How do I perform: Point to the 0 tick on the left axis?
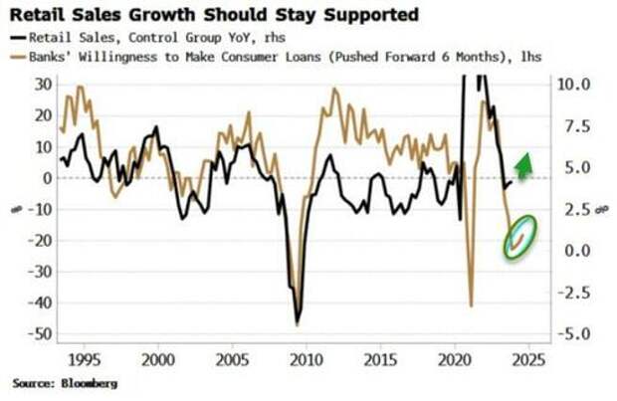pos(46,178)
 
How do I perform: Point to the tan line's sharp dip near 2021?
pos(471,303)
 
